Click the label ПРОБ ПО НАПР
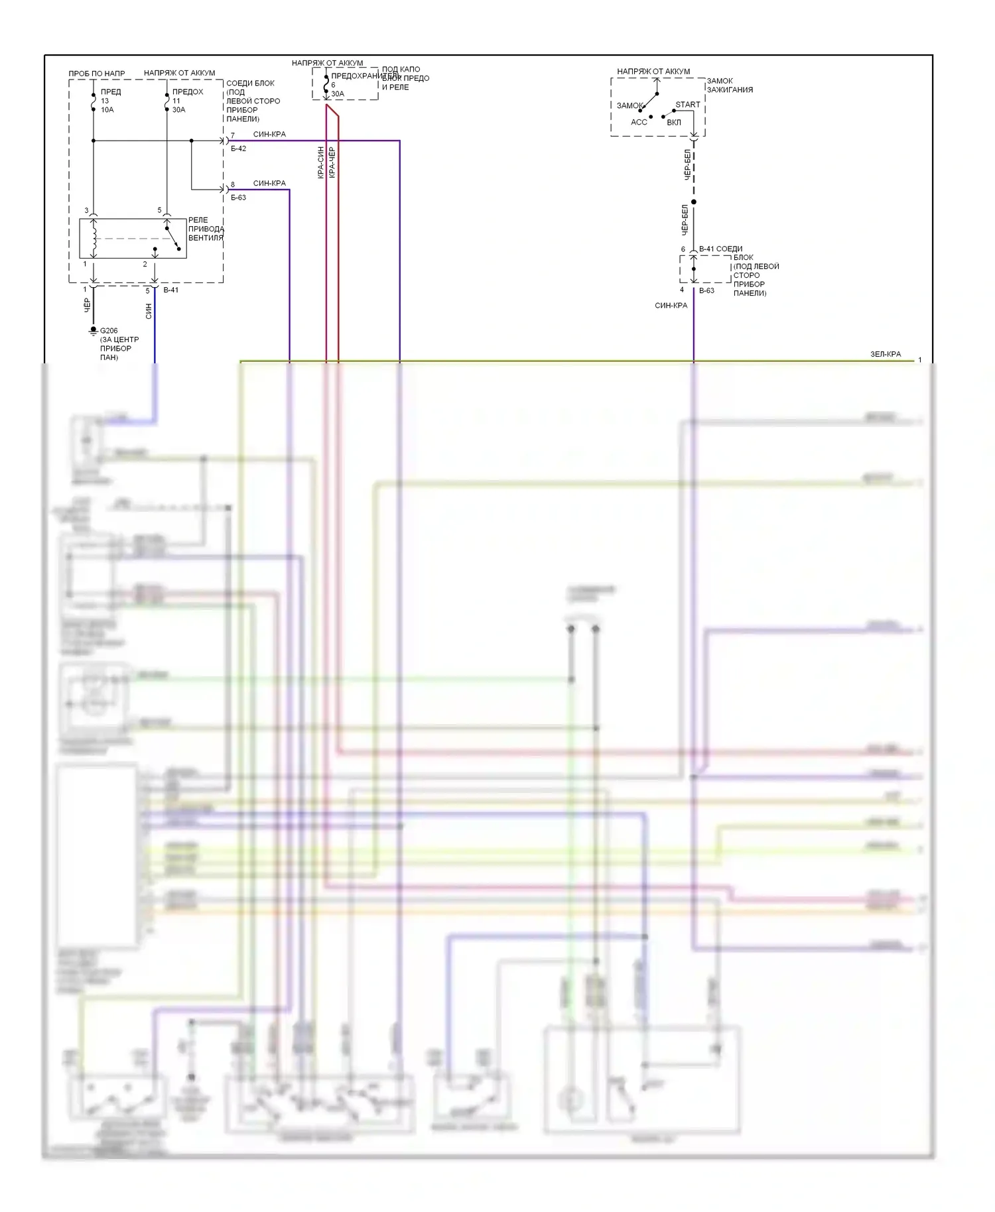click(96, 73)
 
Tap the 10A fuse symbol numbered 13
click(94, 97)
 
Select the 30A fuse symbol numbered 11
click(166, 97)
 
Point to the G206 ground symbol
click(94, 330)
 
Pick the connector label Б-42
click(238, 149)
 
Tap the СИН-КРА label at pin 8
click(269, 183)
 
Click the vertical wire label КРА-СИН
click(320, 162)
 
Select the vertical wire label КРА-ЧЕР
click(332, 162)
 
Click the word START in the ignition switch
click(688, 105)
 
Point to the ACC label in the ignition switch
click(639, 122)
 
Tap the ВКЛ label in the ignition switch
click(674, 122)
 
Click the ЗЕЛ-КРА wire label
click(886, 354)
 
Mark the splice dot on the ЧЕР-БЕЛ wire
click(694, 202)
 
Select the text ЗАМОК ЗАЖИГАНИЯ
click(729, 85)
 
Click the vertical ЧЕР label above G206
click(87, 305)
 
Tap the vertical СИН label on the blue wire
click(149, 310)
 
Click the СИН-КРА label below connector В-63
click(671, 306)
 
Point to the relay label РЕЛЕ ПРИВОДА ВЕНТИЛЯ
click(206, 229)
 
